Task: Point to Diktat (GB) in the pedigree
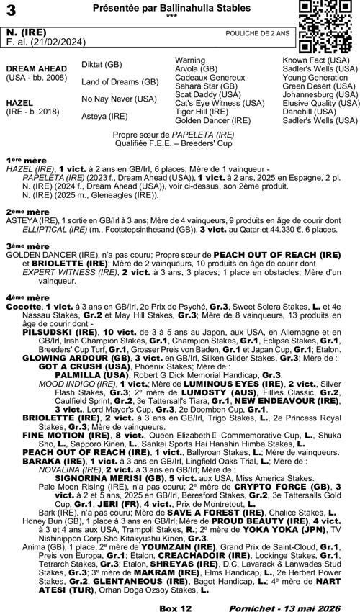[102, 65]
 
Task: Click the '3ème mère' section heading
[22, 246]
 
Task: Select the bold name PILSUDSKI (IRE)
[55, 333]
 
